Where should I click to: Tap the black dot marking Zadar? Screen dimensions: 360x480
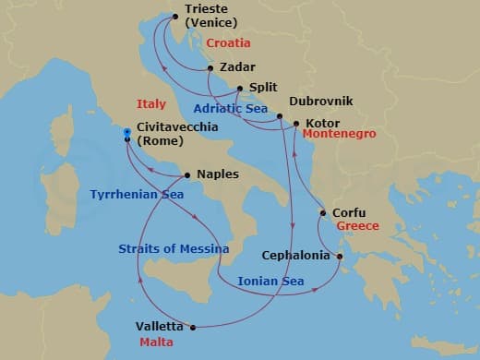click(x=210, y=68)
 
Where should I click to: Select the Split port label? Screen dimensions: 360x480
click(x=264, y=89)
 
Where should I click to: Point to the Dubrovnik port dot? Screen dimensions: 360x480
click(x=279, y=116)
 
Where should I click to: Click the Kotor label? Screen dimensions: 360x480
click(x=322, y=123)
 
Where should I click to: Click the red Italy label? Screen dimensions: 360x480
click(x=150, y=104)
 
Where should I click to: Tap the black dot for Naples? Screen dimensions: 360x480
click(x=187, y=174)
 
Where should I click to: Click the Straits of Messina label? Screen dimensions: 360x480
click(x=163, y=248)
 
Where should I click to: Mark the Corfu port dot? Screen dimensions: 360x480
click(x=322, y=213)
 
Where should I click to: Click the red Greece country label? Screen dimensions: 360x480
click(x=358, y=225)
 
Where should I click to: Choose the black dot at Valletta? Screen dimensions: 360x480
click(x=193, y=327)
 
